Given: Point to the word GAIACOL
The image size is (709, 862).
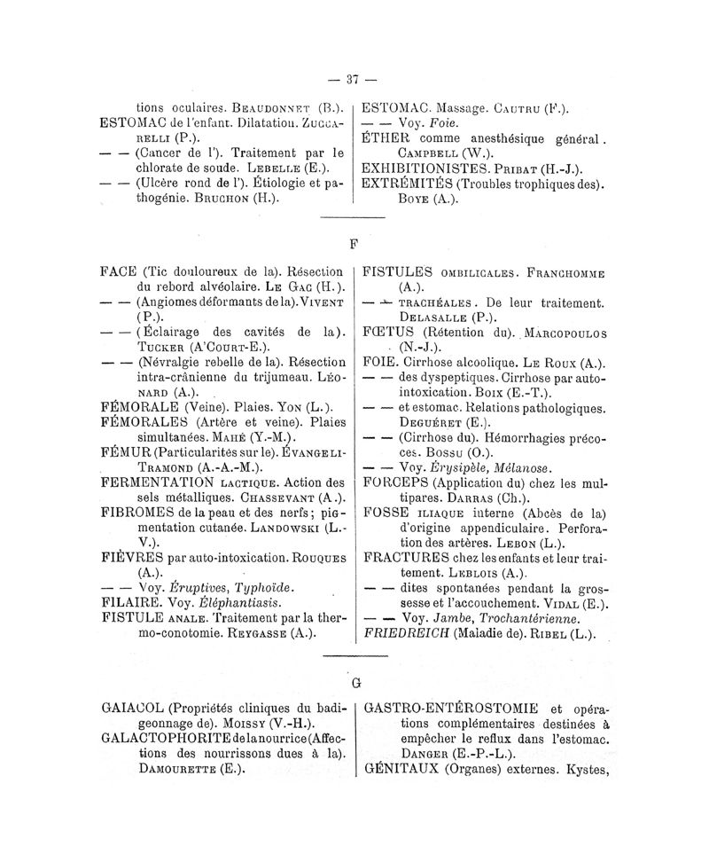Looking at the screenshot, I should tap(133, 709).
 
